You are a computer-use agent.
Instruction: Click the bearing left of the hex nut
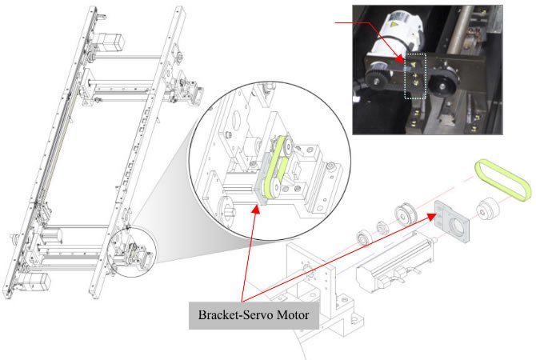pyautogui.click(x=364, y=238)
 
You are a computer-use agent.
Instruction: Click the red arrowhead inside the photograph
pyautogui.click(x=400, y=57)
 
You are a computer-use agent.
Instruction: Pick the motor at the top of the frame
pyautogui.click(x=110, y=47)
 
